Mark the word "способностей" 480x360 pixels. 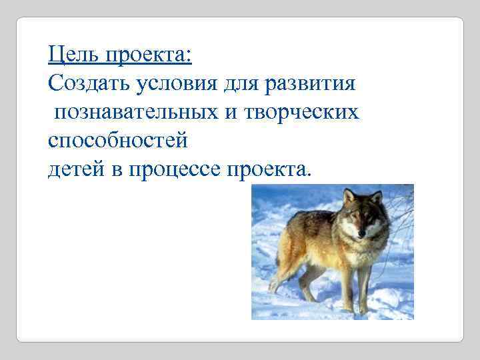[118, 141]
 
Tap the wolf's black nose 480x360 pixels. [362, 234]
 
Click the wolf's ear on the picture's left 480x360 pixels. [349, 196]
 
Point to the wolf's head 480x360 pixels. [362, 217]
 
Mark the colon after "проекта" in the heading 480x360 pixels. [189, 55]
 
